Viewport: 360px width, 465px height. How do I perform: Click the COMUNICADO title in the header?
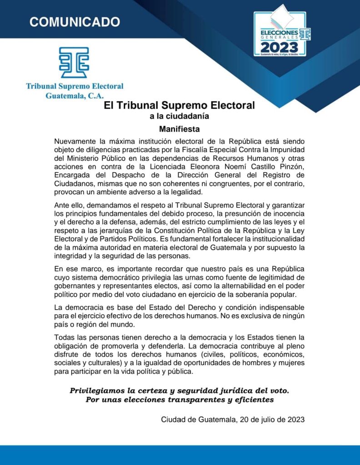(x=75, y=22)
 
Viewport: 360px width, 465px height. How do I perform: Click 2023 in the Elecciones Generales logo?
(x=280, y=47)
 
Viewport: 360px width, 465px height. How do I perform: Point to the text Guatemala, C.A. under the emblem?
(x=75, y=95)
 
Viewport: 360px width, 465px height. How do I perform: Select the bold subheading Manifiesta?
(x=180, y=129)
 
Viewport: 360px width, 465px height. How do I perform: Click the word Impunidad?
(x=287, y=149)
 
